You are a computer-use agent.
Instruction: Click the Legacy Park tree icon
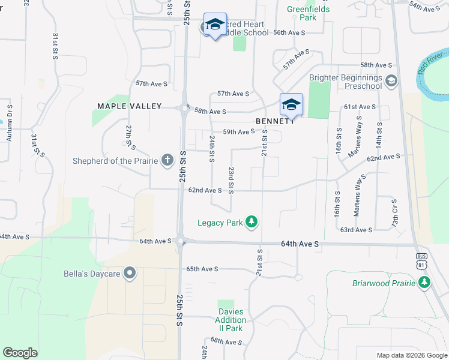252,223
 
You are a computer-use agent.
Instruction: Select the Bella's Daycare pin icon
130,274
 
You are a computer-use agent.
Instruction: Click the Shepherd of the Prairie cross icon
167,160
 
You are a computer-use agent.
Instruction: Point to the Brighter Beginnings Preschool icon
391,80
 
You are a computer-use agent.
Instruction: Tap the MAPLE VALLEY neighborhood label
130,106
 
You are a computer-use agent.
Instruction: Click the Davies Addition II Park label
231,320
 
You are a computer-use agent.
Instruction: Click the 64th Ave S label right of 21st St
300,244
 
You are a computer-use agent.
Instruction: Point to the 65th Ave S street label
202,269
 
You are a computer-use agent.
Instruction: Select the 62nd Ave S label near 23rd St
205,190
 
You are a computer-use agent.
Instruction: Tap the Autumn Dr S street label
10,123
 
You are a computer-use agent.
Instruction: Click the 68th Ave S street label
226,342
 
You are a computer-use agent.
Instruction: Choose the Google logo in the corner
20,353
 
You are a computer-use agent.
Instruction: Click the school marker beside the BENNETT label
291,105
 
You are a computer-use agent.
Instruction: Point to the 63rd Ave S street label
357,230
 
